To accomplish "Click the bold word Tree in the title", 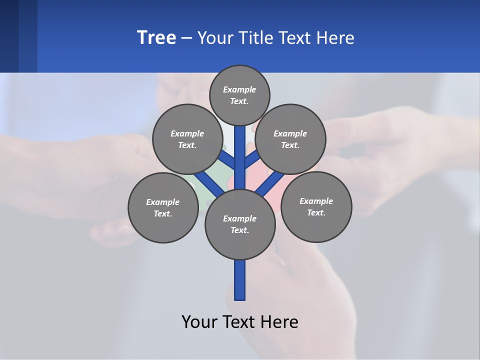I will click(x=156, y=37).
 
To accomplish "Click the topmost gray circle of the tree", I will click(x=239, y=95).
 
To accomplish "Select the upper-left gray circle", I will click(x=187, y=139).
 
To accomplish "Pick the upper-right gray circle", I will click(x=290, y=139).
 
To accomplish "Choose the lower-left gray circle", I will click(x=162, y=207).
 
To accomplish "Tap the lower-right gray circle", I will click(x=316, y=206).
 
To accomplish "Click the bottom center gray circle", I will click(x=240, y=224).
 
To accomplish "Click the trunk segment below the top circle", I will click(x=240, y=150).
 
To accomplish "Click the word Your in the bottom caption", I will click(x=199, y=321).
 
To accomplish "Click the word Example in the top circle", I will click(x=239, y=89).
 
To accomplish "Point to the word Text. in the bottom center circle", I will click(x=239, y=230).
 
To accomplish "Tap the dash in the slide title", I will click(x=186, y=38).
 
